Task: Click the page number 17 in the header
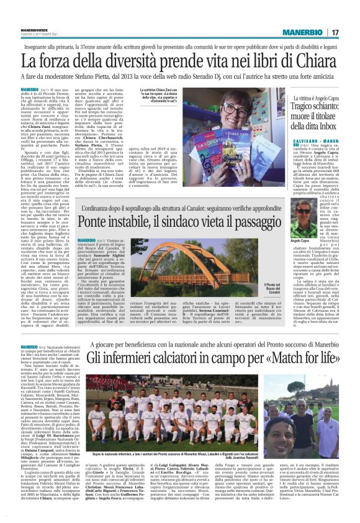pos(351,32)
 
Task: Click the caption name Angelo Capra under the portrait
pos(299,242)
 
